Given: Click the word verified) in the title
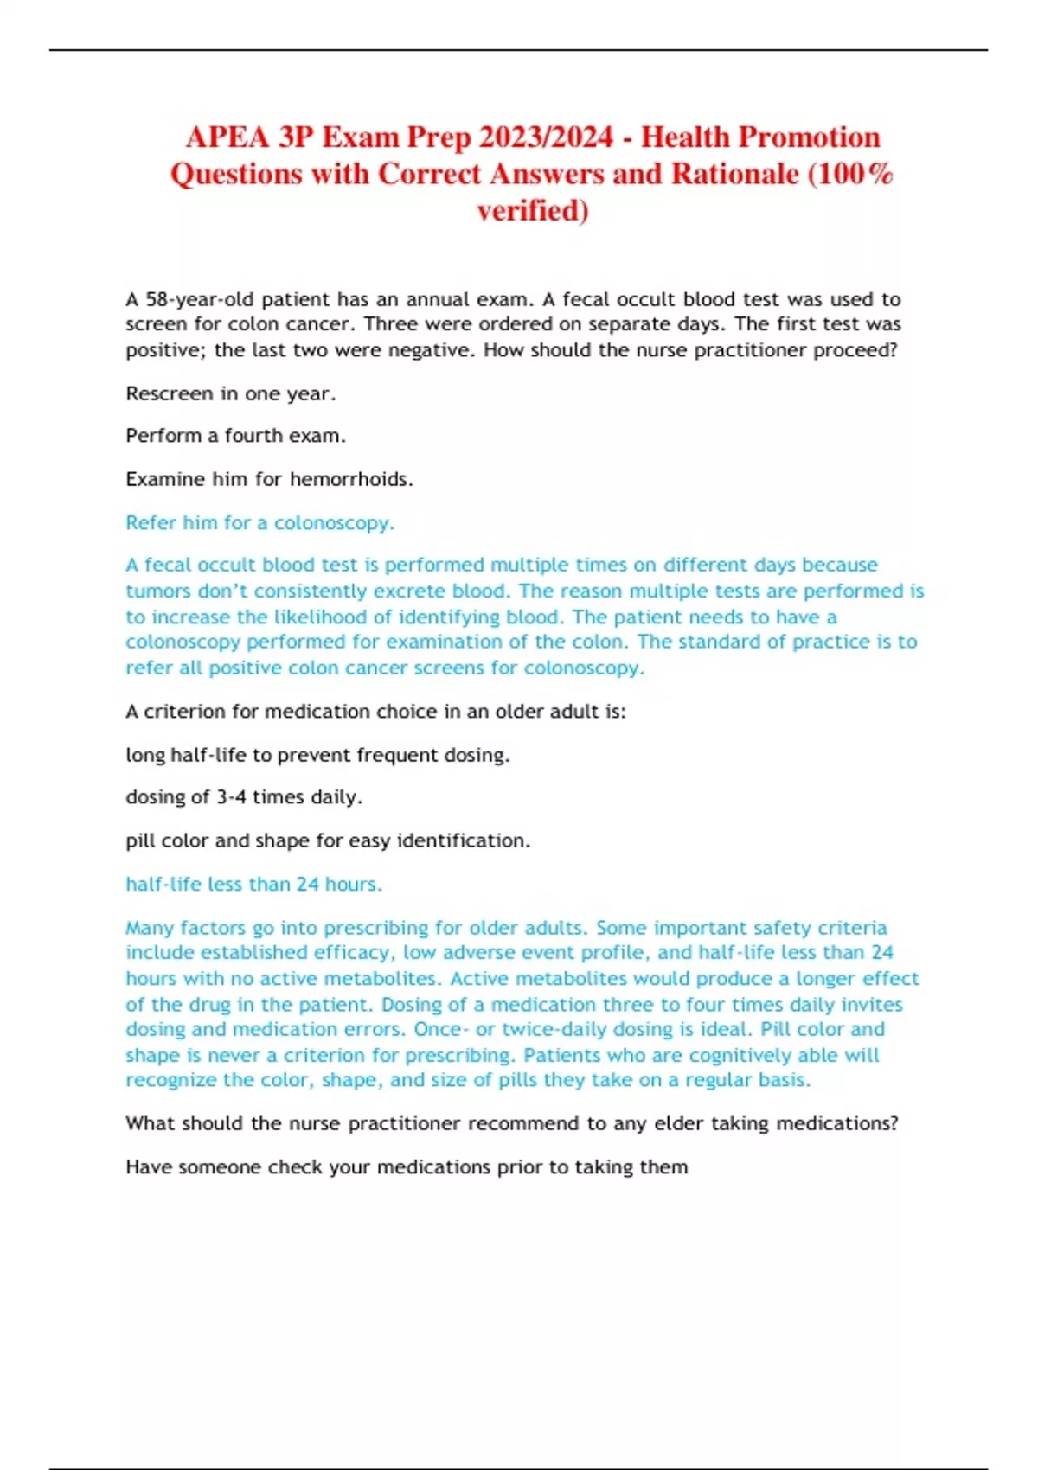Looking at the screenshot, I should [532, 210].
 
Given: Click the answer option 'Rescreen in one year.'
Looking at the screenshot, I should [230, 393].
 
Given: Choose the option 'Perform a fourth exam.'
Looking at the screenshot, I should [235, 436].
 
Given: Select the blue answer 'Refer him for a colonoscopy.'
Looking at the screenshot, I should [259, 522].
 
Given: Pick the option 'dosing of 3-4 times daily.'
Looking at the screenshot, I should [243, 796].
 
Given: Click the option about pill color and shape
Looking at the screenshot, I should [327, 840].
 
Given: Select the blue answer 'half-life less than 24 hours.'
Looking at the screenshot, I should [253, 884].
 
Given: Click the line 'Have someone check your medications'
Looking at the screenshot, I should [407, 1166].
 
